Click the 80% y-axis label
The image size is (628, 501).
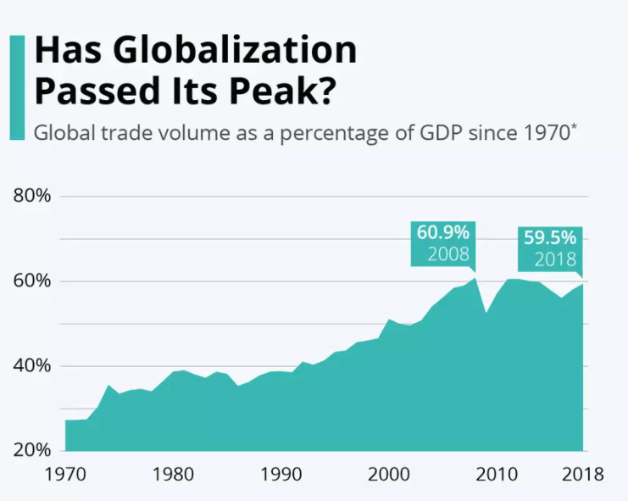click(33, 197)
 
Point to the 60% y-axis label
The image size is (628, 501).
click(33, 281)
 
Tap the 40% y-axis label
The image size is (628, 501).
click(33, 366)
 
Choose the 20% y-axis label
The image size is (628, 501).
click(33, 449)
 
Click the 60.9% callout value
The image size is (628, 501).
click(441, 233)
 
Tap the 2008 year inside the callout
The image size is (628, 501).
click(447, 253)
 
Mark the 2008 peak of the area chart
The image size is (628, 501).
click(475, 278)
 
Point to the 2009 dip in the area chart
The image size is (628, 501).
click(486, 313)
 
